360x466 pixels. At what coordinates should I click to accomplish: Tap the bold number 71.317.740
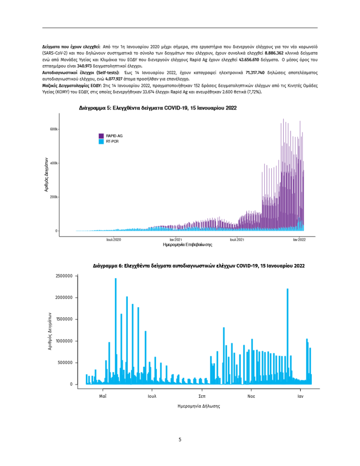coord(255,72)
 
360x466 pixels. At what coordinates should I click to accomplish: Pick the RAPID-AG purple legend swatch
coord(101,136)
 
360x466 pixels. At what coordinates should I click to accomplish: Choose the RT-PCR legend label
coord(112,142)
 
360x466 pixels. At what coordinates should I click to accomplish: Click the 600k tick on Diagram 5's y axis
coord(54,129)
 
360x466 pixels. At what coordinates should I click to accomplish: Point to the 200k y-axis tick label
coord(54,197)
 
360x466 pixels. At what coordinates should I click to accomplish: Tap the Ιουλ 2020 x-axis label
coord(114,239)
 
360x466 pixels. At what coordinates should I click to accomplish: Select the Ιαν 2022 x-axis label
coord(299,239)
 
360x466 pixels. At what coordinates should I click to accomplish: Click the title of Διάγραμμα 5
coord(157,108)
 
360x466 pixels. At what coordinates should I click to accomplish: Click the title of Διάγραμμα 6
coord(198,265)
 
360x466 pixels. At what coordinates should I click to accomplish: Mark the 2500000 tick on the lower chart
coord(64,276)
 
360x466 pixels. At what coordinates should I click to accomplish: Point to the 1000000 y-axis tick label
coord(64,341)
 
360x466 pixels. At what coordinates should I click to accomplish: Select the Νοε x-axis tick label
coord(251,396)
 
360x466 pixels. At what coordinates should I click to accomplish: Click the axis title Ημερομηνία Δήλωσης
coord(198,406)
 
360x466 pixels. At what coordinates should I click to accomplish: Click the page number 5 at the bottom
coord(180,440)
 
